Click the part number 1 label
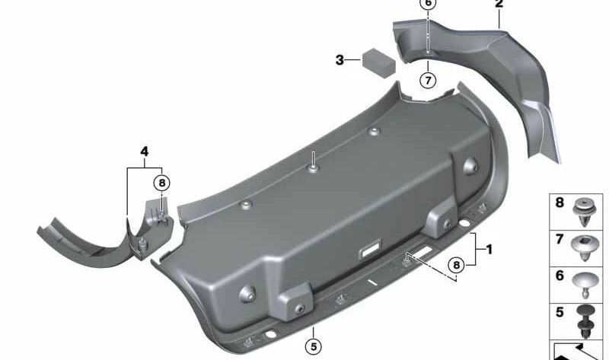click(489, 249)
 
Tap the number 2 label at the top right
click(499, 5)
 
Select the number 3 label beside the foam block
click(340, 59)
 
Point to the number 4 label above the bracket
click(144, 151)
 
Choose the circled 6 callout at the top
click(428, 4)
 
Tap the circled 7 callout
click(428, 78)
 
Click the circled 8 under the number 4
click(161, 183)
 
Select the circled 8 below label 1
click(455, 265)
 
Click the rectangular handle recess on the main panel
click(371, 249)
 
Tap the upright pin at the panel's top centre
click(312, 161)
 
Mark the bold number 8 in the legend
click(560, 203)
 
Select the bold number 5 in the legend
click(560, 312)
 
